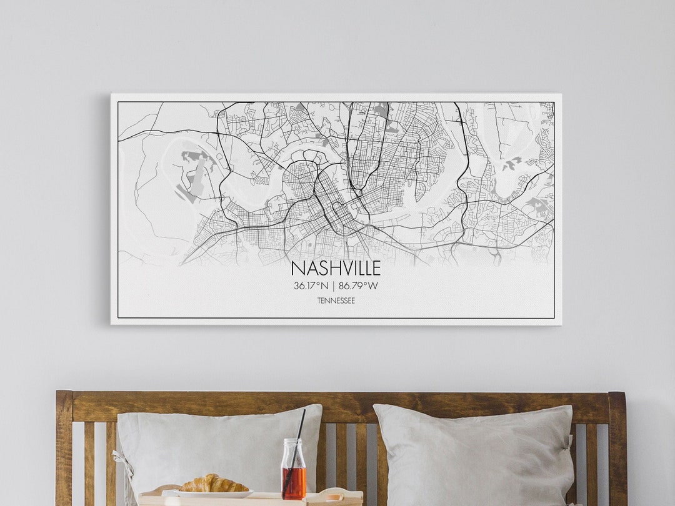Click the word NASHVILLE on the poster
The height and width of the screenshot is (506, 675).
pyautogui.click(x=336, y=269)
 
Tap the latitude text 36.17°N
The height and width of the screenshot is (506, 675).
pyautogui.click(x=311, y=286)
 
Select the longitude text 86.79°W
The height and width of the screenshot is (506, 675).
pyautogui.click(x=358, y=286)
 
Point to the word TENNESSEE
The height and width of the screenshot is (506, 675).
pyautogui.click(x=336, y=301)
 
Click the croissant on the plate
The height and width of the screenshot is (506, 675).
pyautogui.click(x=214, y=484)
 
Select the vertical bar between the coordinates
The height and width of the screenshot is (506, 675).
pyautogui.click(x=334, y=286)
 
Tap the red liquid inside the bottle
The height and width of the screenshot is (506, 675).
pyautogui.click(x=293, y=482)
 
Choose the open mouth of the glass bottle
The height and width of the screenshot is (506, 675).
pyautogui.click(x=293, y=442)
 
